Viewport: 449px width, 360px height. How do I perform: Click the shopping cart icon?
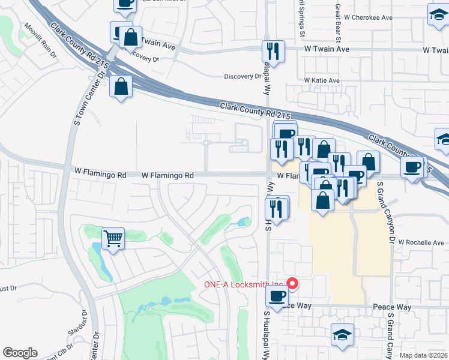pos(113,239)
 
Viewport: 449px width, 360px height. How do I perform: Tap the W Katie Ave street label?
pos(322,80)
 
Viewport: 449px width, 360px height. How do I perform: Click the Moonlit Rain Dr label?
pos(40,41)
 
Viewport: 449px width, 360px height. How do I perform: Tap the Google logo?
pos(20,353)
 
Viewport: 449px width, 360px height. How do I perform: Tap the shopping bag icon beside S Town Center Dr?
pos(121,87)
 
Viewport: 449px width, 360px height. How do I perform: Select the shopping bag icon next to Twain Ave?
pos(130,37)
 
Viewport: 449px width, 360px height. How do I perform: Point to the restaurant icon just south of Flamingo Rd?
pos(277,207)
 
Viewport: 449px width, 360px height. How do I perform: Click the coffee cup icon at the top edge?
pos(125,4)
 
